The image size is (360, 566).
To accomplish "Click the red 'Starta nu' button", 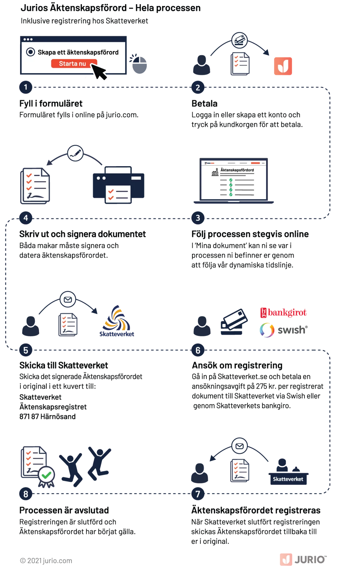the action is point(74,64).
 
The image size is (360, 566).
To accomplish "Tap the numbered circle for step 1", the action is point(26,87).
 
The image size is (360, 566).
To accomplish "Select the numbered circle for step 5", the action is point(26,350).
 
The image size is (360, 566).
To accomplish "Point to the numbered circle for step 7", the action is point(198,494).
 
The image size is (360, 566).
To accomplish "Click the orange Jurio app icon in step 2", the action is point(283,66).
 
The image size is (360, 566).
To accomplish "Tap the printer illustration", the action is point(118,185).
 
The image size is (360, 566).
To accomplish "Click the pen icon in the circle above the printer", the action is point(75,153).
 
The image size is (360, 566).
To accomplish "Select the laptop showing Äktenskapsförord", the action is point(233,181).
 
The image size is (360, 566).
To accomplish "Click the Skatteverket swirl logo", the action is point(117,321).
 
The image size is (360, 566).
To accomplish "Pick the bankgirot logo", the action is point(283,313).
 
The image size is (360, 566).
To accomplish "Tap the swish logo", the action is point(284,330).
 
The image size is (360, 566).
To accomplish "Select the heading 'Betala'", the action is point(205,104).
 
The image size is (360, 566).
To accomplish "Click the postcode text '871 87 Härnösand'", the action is point(47,416).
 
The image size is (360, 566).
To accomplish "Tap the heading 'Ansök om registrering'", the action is point(237,365).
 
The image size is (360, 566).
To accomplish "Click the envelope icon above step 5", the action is point(68,299).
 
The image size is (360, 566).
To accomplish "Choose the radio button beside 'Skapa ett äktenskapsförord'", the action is point(31,52).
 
